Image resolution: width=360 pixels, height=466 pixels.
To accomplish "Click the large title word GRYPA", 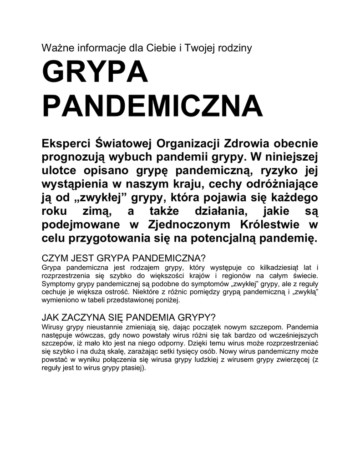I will pyautogui.click(x=95, y=73).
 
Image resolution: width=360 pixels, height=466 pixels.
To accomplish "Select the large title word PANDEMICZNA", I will pyautogui.click(x=152, y=106).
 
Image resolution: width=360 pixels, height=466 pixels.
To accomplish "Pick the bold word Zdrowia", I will pyautogui.click(x=246, y=144).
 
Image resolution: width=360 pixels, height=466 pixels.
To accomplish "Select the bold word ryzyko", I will pyautogui.click(x=277, y=171).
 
